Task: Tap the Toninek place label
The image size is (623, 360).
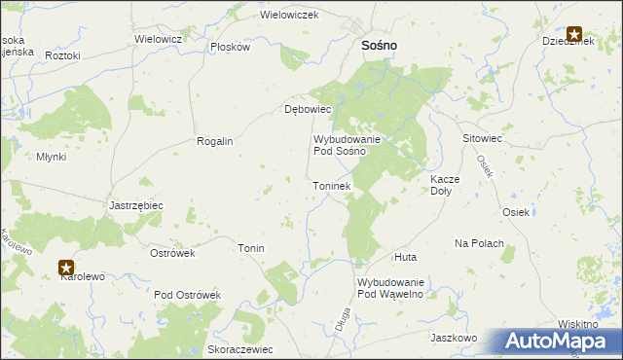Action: tap(331, 185)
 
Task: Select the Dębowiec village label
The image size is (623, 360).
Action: tap(308, 109)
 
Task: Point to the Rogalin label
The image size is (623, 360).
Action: tap(215, 141)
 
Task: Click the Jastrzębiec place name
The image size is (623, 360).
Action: tap(136, 205)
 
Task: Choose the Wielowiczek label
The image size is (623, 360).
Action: tap(290, 16)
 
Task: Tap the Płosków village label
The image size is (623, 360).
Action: tap(231, 47)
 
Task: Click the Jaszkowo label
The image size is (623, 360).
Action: tap(453, 338)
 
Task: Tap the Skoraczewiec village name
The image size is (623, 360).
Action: tap(240, 349)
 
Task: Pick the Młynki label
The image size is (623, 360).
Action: tap(51, 157)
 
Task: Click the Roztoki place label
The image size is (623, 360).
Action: tap(62, 55)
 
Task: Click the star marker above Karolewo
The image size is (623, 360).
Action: tap(66, 266)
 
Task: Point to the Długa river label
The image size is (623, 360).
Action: tap(342, 320)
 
